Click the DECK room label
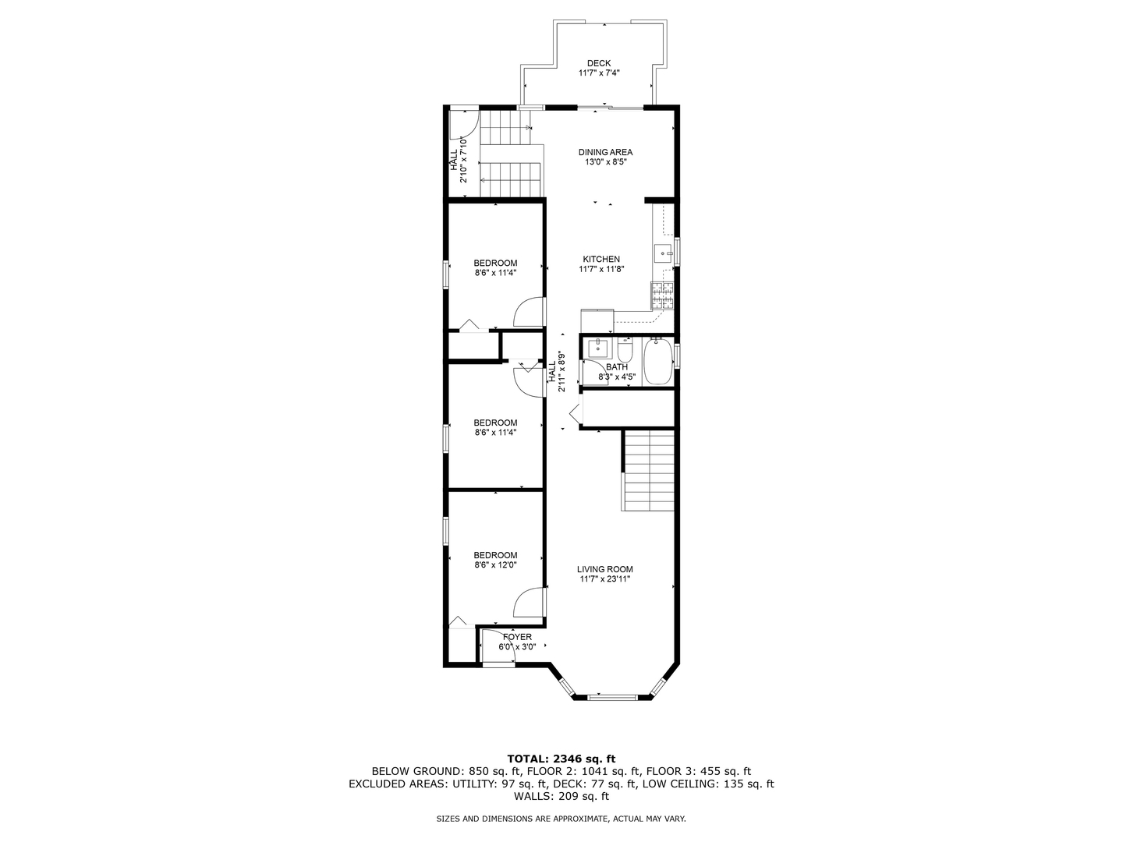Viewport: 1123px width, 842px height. (x=599, y=64)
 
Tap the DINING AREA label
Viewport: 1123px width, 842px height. (x=605, y=152)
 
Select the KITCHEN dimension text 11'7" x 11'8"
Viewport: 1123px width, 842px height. (x=601, y=270)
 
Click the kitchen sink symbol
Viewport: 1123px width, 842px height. (x=663, y=252)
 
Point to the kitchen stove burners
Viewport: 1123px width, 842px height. (x=661, y=295)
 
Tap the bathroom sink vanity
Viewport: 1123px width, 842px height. (x=598, y=348)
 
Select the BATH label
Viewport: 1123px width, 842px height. (x=617, y=367)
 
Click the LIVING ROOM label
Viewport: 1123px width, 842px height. (x=604, y=569)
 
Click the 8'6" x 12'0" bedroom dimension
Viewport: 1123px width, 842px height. (x=495, y=565)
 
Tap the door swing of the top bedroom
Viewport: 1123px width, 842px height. (x=530, y=312)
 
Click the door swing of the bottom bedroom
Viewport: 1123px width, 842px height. (x=530, y=602)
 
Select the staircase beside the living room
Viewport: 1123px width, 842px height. (x=648, y=470)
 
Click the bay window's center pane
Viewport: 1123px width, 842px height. (x=611, y=696)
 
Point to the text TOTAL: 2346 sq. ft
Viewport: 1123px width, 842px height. (x=561, y=758)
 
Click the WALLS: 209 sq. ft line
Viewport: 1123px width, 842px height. (x=561, y=797)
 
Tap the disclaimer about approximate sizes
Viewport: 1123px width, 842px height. (x=561, y=819)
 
